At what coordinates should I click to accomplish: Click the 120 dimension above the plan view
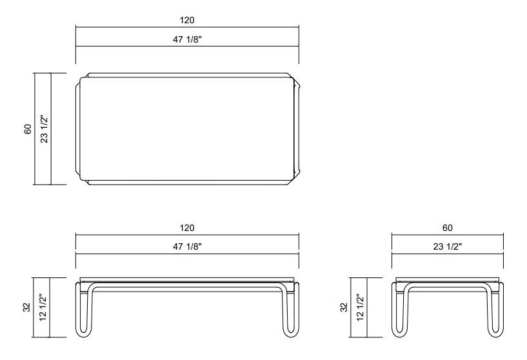(187, 21)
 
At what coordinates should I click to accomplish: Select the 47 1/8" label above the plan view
(187, 39)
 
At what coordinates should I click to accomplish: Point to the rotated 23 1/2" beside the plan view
(44, 128)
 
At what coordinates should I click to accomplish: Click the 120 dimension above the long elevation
(187, 228)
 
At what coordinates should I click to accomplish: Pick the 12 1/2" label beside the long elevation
(44, 308)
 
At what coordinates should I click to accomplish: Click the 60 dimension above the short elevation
(447, 228)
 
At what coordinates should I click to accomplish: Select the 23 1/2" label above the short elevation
(447, 246)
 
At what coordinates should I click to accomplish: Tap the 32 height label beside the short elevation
(344, 308)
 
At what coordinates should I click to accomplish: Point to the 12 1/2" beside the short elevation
(360, 308)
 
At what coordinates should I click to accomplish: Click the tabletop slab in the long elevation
(187, 281)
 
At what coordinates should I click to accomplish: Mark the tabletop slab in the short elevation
(447, 281)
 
